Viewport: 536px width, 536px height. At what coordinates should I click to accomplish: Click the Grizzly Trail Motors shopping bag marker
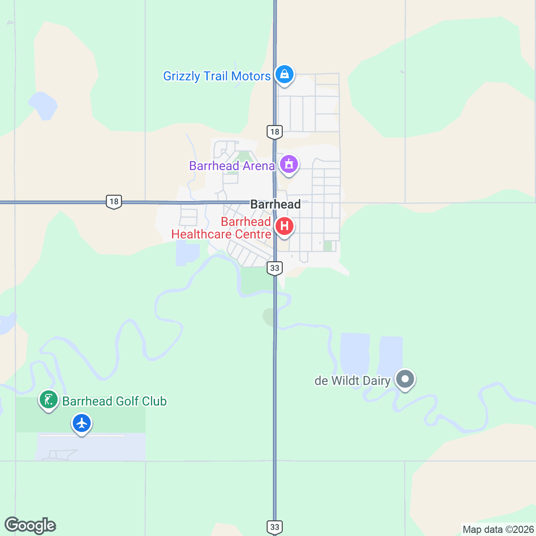pyautogui.click(x=284, y=74)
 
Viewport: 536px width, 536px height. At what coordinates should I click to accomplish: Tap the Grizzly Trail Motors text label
pyautogui.click(x=217, y=76)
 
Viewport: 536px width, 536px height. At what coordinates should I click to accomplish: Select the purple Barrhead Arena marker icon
pyautogui.click(x=289, y=164)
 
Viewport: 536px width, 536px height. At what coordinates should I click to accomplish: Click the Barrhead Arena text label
pyautogui.click(x=232, y=166)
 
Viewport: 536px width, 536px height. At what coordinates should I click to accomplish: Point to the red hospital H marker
pyautogui.click(x=284, y=226)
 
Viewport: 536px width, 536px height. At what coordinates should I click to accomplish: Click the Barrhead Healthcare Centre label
pyautogui.click(x=222, y=228)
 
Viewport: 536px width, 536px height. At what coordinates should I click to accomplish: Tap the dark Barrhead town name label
pyautogui.click(x=275, y=205)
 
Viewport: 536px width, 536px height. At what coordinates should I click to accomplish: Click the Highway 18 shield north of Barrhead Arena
pyautogui.click(x=275, y=132)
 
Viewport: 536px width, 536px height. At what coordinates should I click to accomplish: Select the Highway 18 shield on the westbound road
pyautogui.click(x=114, y=201)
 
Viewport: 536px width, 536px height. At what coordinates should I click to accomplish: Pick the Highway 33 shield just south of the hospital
pyautogui.click(x=275, y=268)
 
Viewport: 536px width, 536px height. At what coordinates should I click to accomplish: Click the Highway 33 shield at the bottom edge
pyautogui.click(x=275, y=527)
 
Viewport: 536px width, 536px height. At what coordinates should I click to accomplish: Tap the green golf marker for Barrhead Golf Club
pyautogui.click(x=48, y=399)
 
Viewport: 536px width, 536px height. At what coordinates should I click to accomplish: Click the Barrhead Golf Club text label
pyautogui.click(x=114, y=402)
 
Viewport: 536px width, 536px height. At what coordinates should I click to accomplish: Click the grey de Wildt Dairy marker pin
pyautogui.click(x=405, y=379)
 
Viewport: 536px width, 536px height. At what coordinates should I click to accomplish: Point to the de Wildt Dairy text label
pyautogui.click(x=352, y=381)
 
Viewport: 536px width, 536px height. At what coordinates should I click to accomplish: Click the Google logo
pyautogui.click(x=30, y=526)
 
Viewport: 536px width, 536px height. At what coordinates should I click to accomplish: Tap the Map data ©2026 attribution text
pyautogui.click(x=498, y=530)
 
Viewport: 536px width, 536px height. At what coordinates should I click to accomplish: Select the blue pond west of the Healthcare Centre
pyautogui.click(x=187, y=253)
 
